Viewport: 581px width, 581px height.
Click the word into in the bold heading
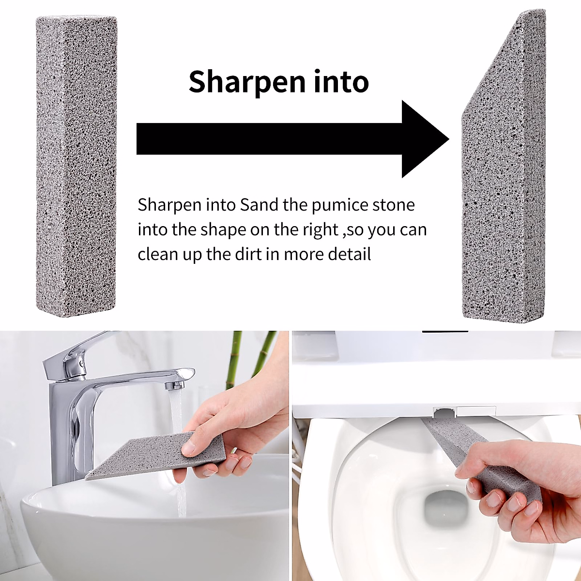point(341,81)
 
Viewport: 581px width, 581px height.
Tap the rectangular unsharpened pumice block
point(76,165)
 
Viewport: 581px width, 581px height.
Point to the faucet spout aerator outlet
point(174,385)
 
